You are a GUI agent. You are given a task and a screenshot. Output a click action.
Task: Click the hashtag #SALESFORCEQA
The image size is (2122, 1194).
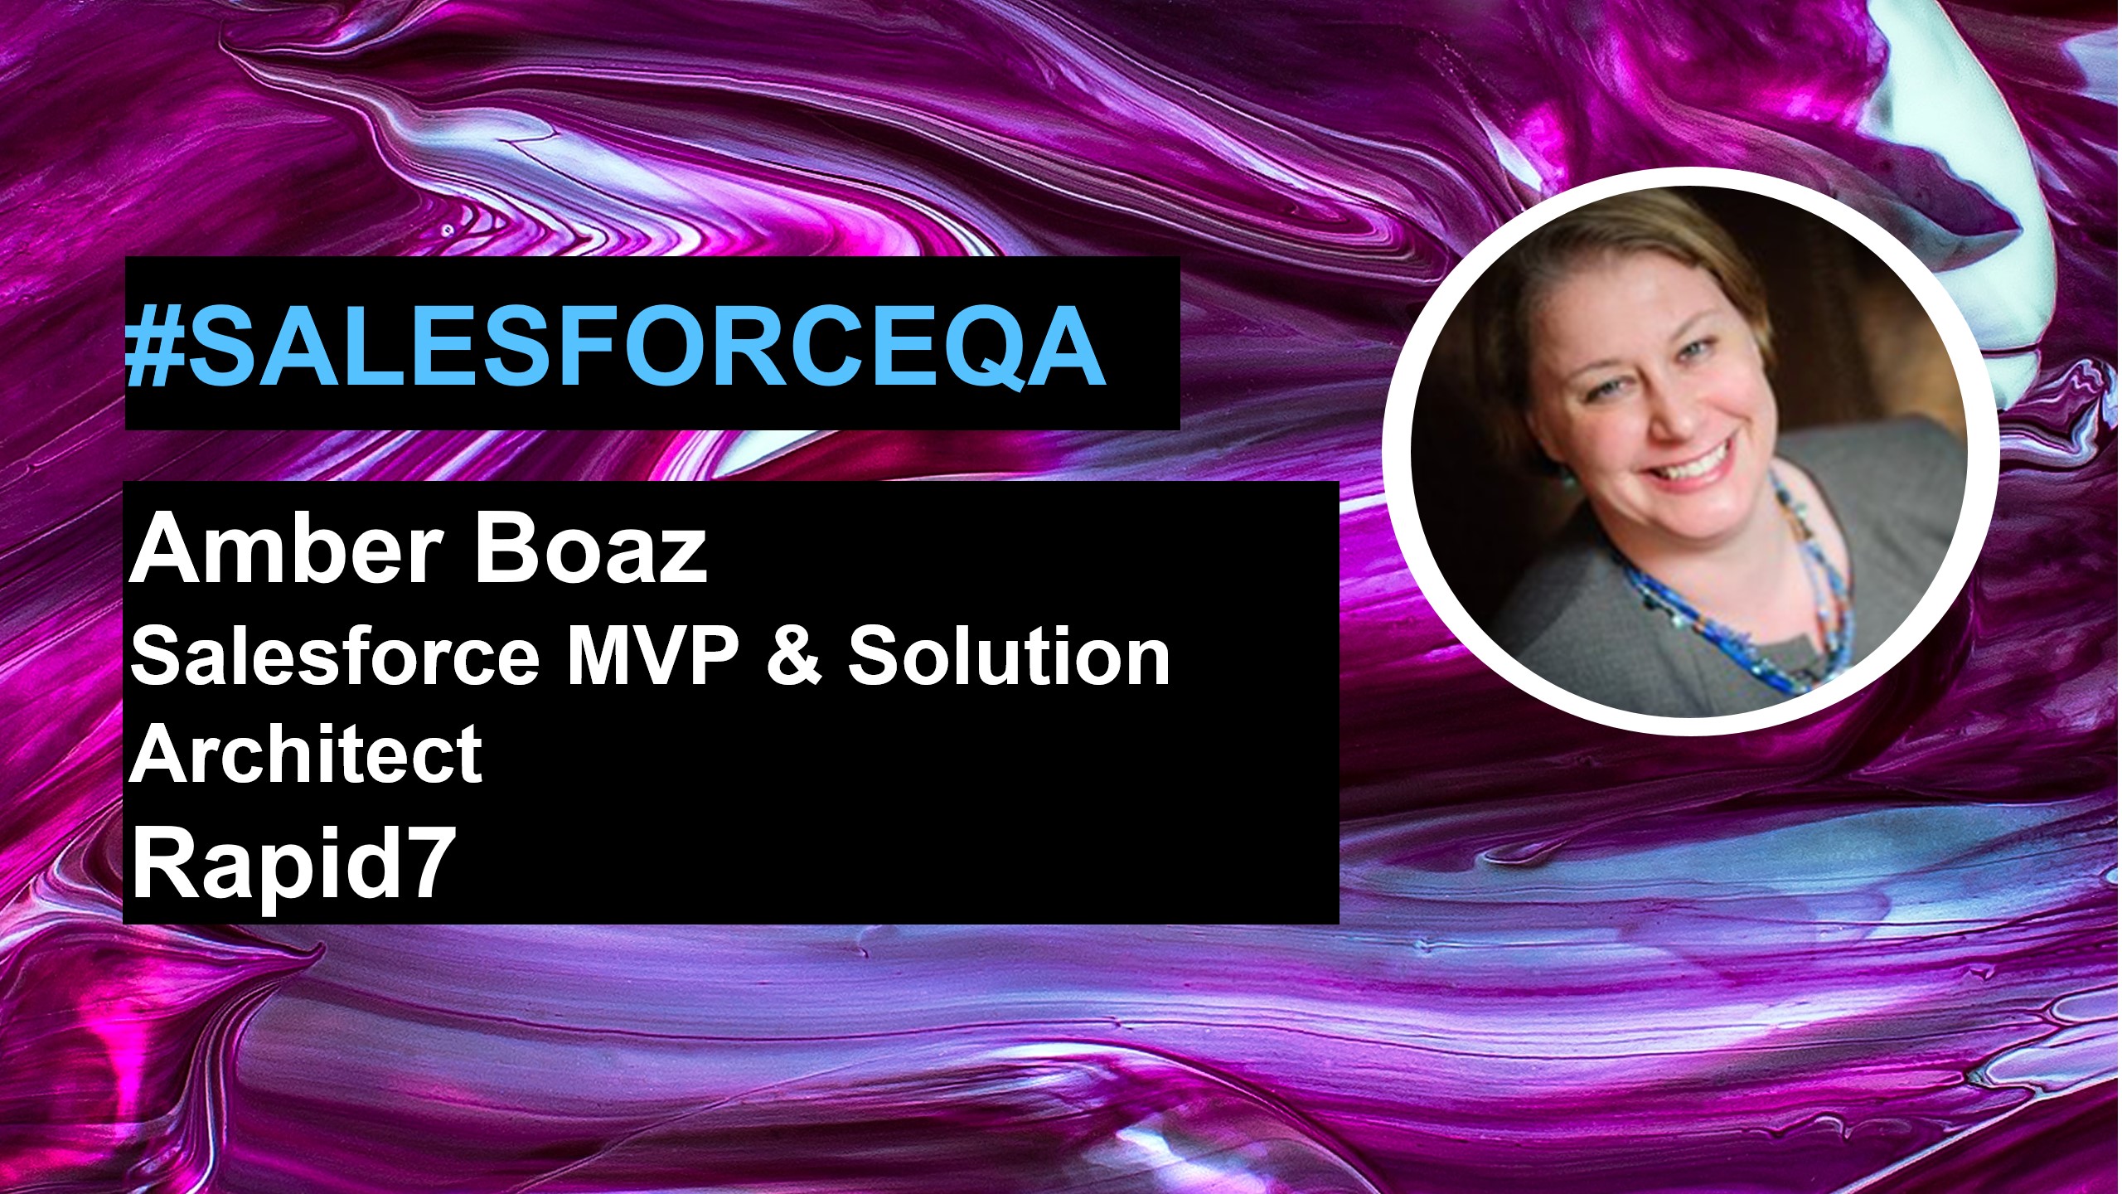pyautogui.click(x=615, y=346)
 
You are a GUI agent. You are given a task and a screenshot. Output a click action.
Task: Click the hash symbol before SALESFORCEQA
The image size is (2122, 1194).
pyautogui.click(x=154, y=346)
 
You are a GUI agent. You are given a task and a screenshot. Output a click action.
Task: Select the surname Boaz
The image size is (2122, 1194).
pyautogui.click(x=589, y=550)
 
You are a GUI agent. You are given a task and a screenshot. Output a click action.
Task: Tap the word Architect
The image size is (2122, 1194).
pyautogui.click(x=306, y=753)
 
